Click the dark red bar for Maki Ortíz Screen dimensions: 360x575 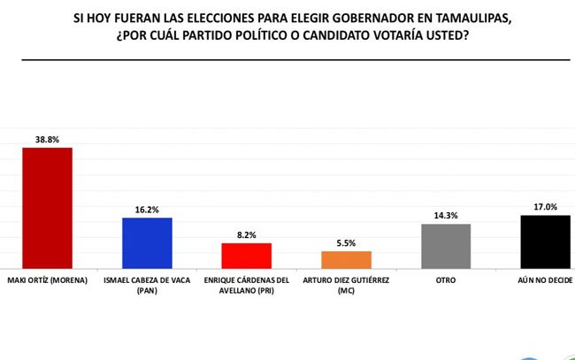(x=47, y=208)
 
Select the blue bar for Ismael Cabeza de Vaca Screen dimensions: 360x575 (x=147, y=243)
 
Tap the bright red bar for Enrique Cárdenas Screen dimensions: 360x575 (x=247, y=256)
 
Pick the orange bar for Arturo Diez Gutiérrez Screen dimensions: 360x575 (x=346, y=259)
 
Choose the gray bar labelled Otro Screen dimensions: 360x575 (x=446, y=246)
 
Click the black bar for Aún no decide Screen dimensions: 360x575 (x=545, y=241)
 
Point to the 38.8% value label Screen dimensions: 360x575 (x=47, y=140)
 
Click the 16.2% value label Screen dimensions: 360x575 (x=147, y=211)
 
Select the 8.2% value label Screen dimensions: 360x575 (x=247, y=235)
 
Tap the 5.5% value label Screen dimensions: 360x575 (x=346, y=244)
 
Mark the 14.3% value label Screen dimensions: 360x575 (x=446, y=216)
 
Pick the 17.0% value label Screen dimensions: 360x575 (x=545, y=207)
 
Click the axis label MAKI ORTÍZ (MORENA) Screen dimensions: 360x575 (x=47, y=281)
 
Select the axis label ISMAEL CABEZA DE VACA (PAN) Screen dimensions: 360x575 (x=147, y=287)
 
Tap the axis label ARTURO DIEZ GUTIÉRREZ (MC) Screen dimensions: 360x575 (x=346, y=287)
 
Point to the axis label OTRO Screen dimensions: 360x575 (x=446, y=281)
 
